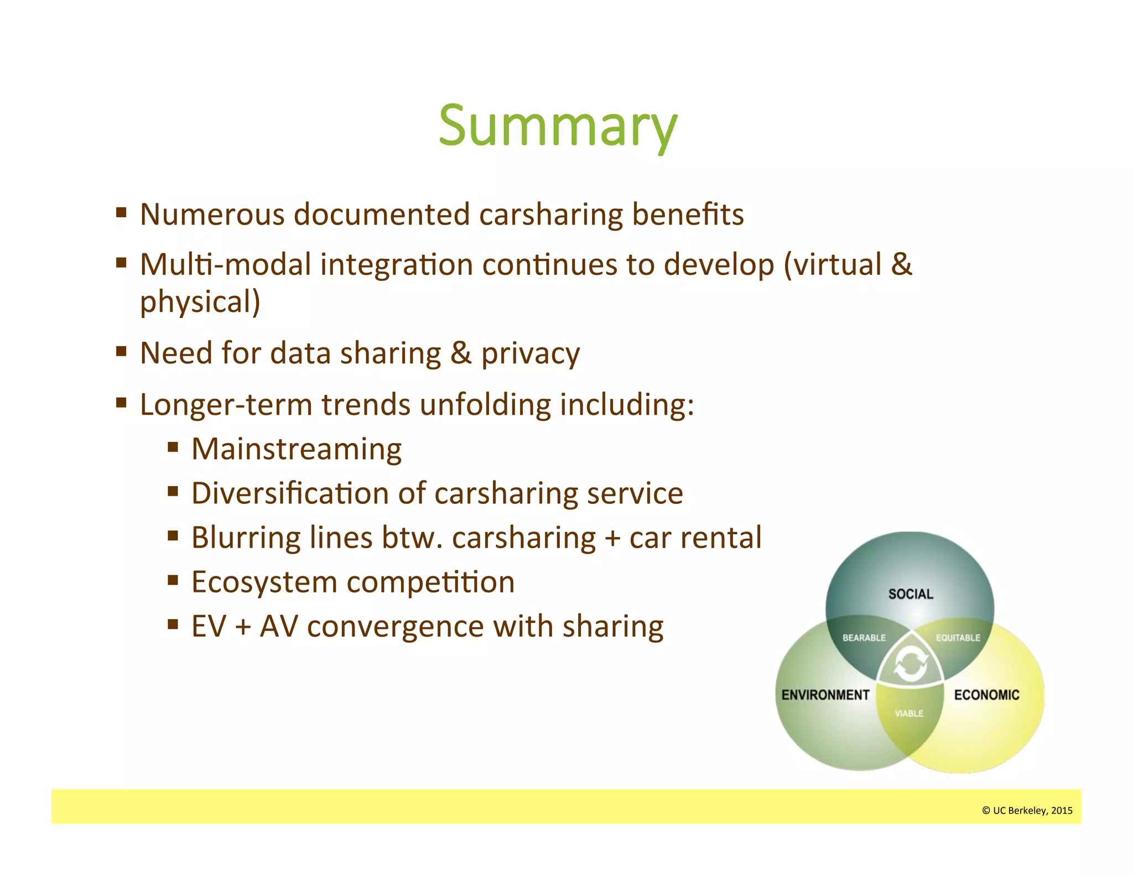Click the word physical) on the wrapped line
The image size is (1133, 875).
click(200, 302)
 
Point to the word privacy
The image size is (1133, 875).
click(530, 353)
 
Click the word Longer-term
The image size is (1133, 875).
click(226, 404)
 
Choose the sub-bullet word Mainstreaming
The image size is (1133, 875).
click(297, 449)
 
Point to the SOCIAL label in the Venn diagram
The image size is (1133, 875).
click(911, 594)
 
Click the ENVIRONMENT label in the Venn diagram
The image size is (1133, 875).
click(825, 695)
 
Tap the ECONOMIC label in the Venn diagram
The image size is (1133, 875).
click(986, 695)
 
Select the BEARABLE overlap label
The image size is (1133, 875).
click(864, 638)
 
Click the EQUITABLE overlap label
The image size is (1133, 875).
click(958, 638)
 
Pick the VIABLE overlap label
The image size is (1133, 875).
click(909, 713)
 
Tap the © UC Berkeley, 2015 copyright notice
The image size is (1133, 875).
click(1027, 810)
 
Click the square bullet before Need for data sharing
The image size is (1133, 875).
click(122, 351)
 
